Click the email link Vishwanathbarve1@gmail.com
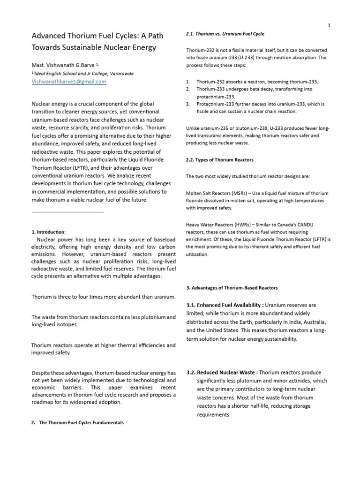[x=69, y=82]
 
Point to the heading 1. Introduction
[x=49, y=232]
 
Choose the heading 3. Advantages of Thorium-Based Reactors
[x=232, y=287]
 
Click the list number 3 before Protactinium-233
[x=188, y=104]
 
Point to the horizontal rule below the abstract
[x=67, y=212]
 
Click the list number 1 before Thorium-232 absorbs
[x=188, y=82]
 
